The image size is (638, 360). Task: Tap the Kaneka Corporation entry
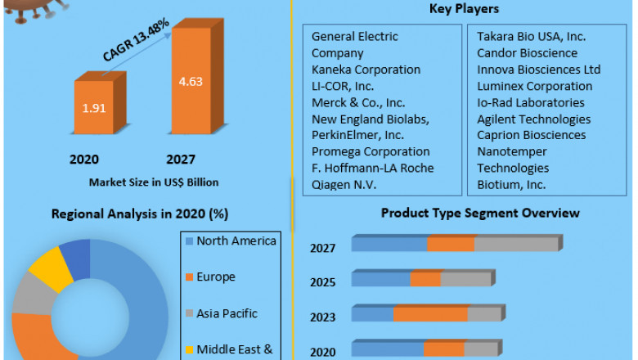tap(366, 70)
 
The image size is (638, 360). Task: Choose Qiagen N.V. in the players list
tap(344, 184)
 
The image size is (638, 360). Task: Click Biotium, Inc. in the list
tap(511, 184)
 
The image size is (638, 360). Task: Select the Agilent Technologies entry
tap(533, 119)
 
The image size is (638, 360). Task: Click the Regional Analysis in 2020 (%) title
tap(140, 214)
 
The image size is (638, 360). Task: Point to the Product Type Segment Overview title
tap(480, 213)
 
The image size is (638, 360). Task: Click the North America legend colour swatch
tap(190, 241)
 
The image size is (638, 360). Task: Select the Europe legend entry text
tap(216, 277)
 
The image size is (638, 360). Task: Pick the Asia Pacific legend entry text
tap(227, 313)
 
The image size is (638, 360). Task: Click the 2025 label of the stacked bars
tap(322, 282)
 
